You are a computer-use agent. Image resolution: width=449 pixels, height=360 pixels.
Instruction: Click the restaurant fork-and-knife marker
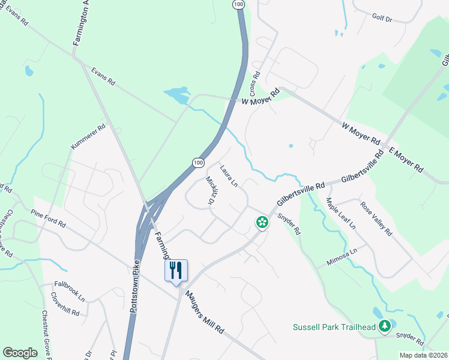tap(176, 270)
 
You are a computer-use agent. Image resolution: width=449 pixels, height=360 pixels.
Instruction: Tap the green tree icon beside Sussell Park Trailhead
tap(384, 327)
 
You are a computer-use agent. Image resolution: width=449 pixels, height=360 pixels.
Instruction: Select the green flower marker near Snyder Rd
tap(262, 223)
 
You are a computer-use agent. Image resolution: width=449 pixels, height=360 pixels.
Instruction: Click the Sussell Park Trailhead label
tap(334, 327)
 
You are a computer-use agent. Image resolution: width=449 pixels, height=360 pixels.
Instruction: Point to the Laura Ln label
tap(229, 176)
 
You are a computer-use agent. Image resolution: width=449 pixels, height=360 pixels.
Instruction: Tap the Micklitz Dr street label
tap(210, 191)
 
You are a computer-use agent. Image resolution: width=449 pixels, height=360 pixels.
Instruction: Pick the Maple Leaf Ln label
tap(340, 213)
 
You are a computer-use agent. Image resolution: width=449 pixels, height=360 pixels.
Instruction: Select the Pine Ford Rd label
tap(48, 218)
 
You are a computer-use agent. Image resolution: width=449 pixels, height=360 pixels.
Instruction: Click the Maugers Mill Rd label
tap(204, 313)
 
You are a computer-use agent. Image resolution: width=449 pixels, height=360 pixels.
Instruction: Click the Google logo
tap(20, 353)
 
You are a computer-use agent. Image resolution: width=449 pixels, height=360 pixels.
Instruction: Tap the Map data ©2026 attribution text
tap(423, 355)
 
